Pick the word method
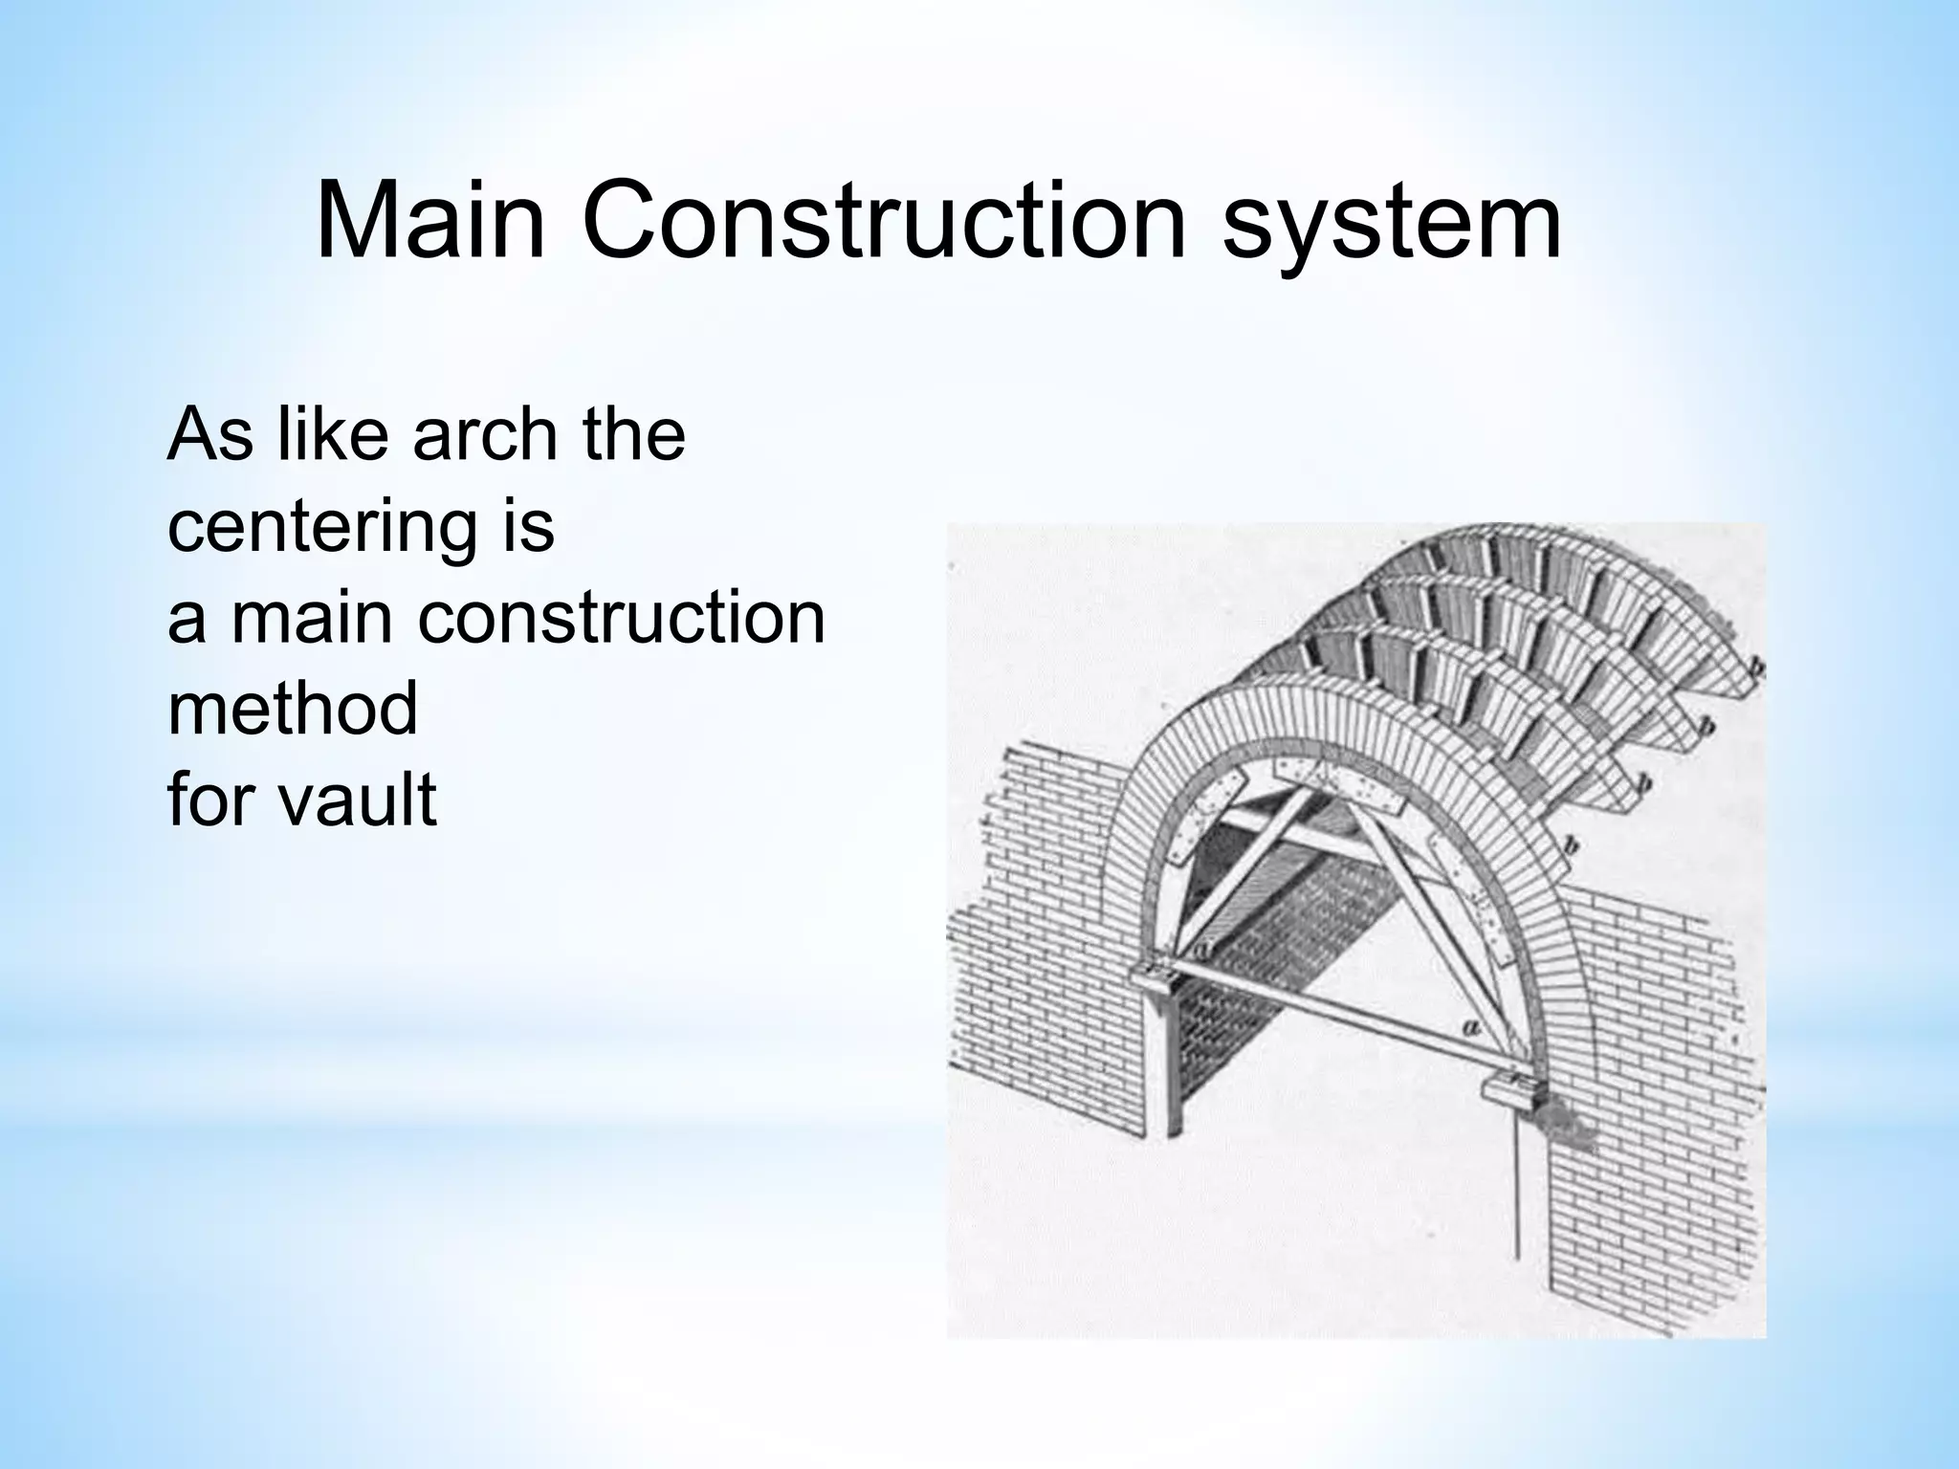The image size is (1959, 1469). coord(293,709)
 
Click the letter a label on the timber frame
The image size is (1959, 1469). coord(1471,1028)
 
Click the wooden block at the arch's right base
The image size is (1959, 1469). coord(1511,1090)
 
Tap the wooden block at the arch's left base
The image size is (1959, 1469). coord(1160,977)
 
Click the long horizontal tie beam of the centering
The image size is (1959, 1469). coord(1330,1024)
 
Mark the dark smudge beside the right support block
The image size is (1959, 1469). coord(1569,1129)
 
